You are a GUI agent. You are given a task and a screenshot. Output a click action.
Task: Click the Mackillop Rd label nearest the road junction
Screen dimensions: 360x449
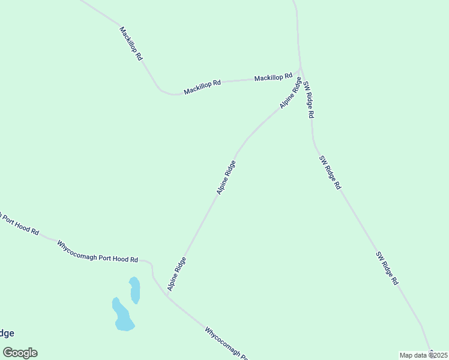273,77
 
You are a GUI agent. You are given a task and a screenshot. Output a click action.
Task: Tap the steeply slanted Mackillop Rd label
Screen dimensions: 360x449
131,43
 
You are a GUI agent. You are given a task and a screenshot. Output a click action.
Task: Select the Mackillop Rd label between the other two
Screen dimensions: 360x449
203,87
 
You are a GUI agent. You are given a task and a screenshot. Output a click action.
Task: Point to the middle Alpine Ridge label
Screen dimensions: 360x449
226,177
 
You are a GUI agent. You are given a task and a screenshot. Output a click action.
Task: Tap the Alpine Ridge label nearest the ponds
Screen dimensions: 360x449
176,274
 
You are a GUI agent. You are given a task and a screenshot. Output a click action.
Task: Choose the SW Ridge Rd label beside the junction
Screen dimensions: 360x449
309,99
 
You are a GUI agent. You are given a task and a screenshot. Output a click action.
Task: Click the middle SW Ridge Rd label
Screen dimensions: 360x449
330,173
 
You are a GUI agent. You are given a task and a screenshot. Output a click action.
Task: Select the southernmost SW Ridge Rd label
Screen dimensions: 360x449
387,268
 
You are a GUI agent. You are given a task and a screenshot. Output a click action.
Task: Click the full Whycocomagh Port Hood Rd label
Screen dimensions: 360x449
97,251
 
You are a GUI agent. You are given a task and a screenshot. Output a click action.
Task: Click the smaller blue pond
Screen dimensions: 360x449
135,290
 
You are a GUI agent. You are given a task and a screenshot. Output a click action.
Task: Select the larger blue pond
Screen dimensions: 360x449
122,315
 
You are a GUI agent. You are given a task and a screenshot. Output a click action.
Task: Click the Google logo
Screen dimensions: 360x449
20,353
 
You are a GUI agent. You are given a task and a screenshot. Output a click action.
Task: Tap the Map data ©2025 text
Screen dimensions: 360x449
424,355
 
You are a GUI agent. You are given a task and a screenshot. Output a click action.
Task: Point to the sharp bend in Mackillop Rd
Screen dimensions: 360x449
166,92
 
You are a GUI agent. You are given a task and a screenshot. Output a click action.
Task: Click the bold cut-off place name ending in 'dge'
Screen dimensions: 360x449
6,334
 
